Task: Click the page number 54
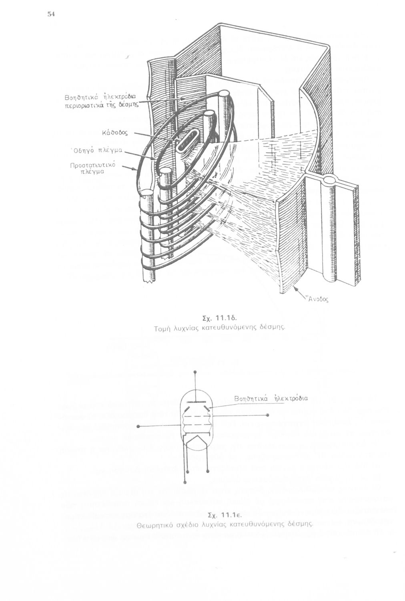[51, 14]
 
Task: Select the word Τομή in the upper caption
[162, 328]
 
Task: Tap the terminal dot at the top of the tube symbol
[195, 372]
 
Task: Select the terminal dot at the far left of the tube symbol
[137, 427]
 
